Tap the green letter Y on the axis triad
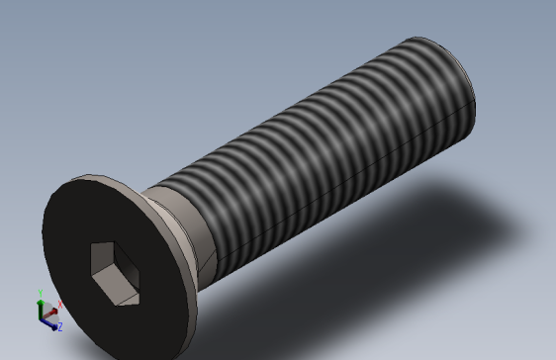click(x=40, y=293)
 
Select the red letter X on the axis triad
click(x=61, y=305)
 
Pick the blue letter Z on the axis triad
click(x=59, y=326)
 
